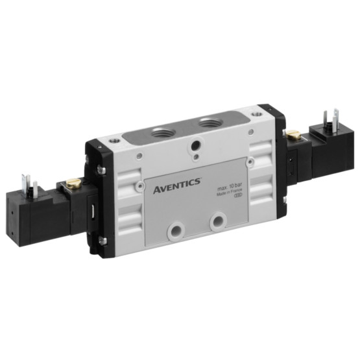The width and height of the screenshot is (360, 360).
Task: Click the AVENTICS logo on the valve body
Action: point(177,190)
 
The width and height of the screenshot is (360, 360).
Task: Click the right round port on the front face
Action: point(217,221)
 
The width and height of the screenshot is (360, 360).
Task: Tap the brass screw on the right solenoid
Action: point(293,135)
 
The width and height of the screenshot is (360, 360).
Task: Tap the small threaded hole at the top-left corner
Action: point(115,139)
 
